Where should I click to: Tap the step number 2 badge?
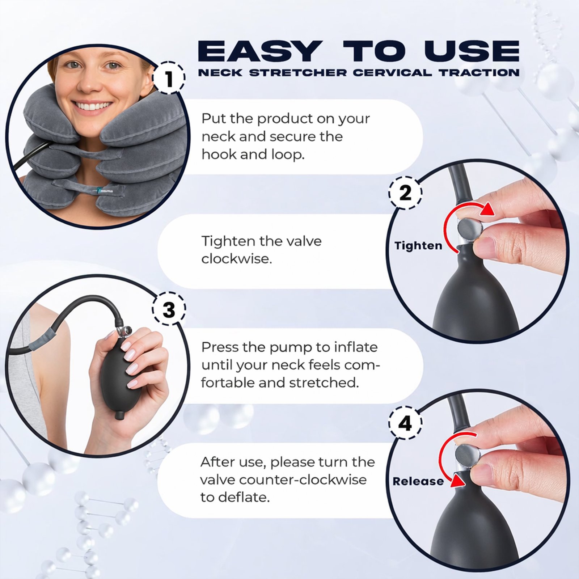coord(405,193)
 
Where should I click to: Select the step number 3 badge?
coord(169,310)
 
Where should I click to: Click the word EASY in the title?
coord(260,51)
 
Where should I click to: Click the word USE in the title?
coord(472,51)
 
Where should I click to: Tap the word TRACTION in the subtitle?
coord(480,72)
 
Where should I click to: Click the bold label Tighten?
coord(418,246)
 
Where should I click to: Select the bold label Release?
coord(418,481)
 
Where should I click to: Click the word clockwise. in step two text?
coord(237,259)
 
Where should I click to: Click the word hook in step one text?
coord(219,155)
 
